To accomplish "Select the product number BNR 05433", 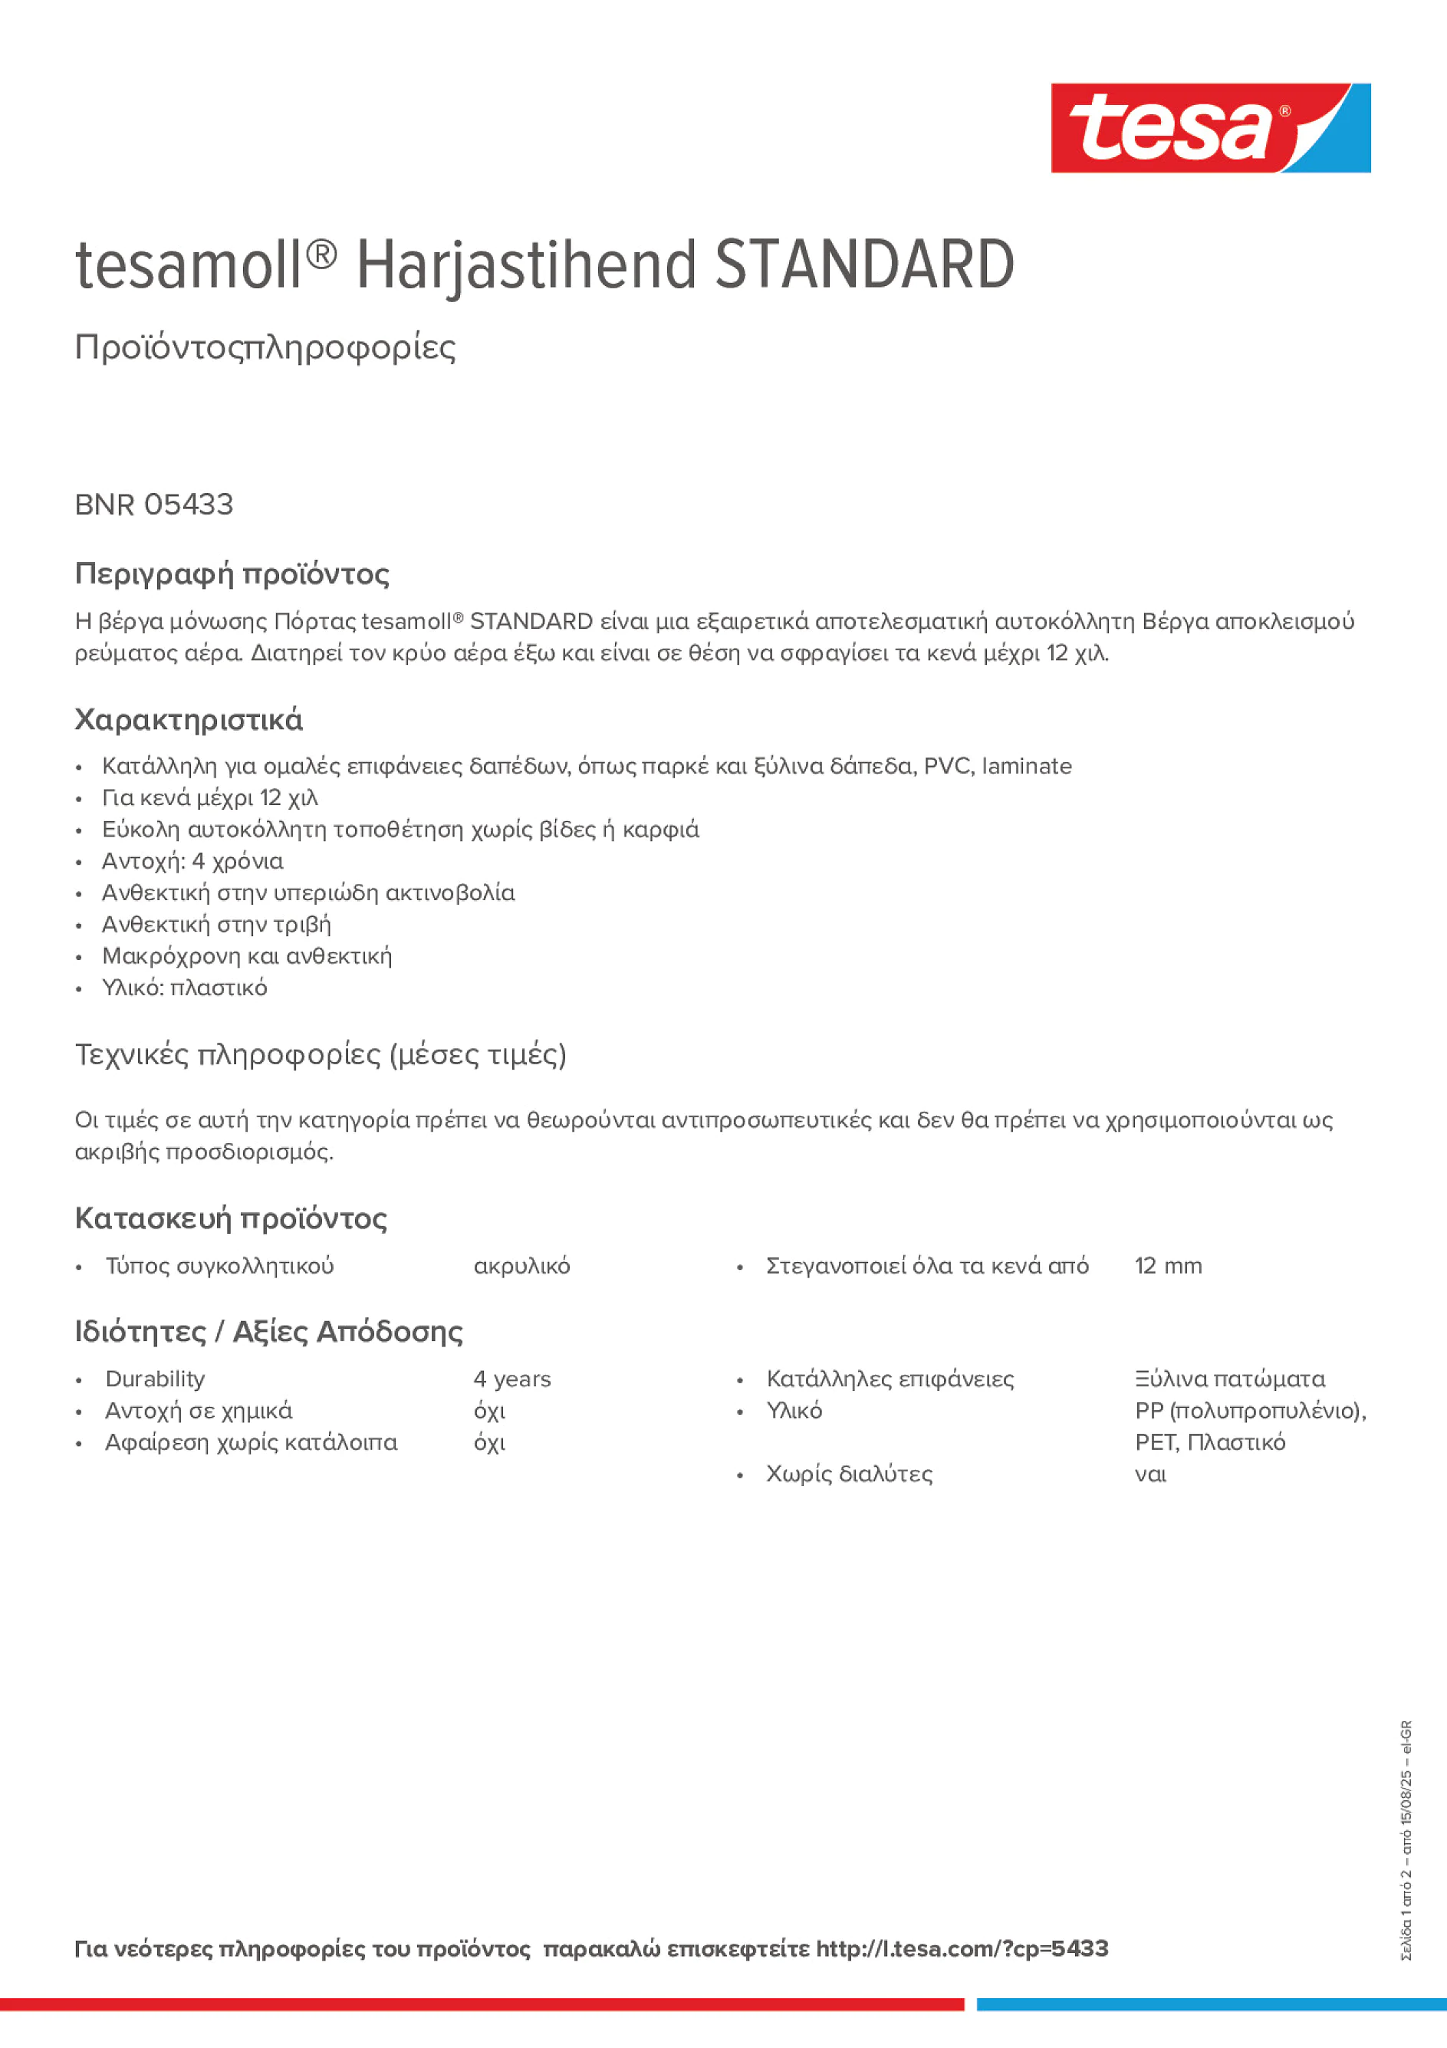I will click(153, 505).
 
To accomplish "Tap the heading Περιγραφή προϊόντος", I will click(232, 574).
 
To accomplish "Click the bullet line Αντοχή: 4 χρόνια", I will click(192, 861).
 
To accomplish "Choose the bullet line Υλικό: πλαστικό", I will click(184, 988).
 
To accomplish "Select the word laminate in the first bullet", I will click(1026, 766).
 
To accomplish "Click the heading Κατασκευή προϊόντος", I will click(231, 1218).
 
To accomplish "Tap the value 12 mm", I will click(1168, 1266).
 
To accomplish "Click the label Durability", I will click(155, 1379).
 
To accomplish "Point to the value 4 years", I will click(512, 1379).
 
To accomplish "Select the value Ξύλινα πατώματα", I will click(1229, 1379).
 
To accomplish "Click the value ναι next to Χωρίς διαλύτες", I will click(1150, 1474).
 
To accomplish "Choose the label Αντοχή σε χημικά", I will click(198, 1410).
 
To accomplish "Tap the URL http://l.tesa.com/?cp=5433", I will click(962, 1948).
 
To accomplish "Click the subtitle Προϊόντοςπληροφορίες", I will click(265, 347).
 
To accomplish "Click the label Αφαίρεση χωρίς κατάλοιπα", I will click(251, 1442).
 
